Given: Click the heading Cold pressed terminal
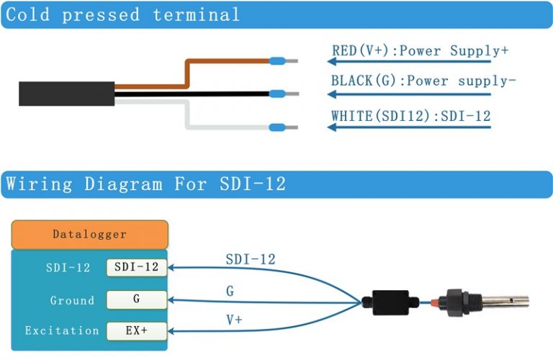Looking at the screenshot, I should [x=122, y=14].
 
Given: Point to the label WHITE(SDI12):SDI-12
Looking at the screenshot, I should [x=411, y=116].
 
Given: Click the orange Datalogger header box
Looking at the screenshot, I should [x=89, y=235].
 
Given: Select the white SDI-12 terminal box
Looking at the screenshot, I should [x=137, y=268].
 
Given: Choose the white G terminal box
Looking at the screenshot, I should [x=137, y=300].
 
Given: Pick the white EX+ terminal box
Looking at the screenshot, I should [x=137, y=331].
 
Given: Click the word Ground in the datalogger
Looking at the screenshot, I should [x=72, y=300].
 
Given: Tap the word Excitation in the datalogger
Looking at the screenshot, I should [x=62, y=331].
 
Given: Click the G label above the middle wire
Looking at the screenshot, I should [x=230, y=291].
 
